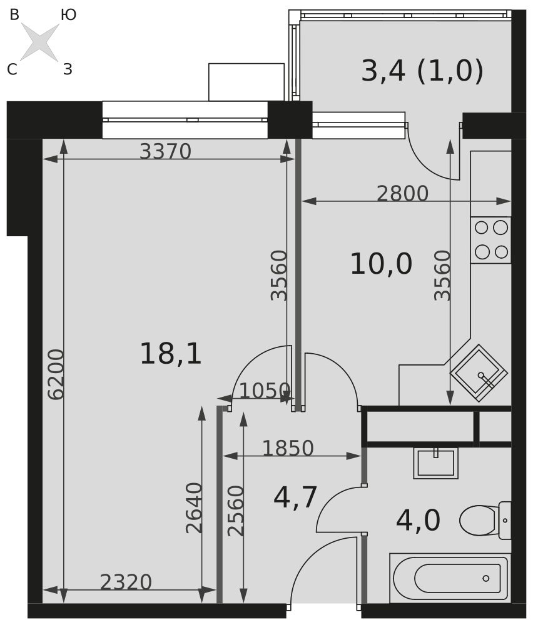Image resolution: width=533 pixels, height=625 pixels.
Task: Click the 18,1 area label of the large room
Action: click(170, 354)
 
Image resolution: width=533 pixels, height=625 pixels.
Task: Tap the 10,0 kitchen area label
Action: click(380, 264)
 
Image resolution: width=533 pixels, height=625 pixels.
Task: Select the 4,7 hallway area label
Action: click(295, 497)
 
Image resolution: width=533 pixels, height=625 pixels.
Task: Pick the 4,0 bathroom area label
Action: click(418, 520)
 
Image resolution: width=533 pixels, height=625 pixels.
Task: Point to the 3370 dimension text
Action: click(165, 151)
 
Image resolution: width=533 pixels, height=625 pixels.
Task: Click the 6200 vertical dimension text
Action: click(56, 374)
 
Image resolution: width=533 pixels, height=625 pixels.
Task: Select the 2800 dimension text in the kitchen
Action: click(402, 194)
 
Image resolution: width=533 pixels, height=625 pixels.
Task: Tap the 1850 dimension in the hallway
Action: click(287, 448)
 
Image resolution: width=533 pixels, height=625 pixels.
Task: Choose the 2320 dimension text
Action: click(126, 582)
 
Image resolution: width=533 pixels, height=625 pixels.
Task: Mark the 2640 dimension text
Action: click(195, 507)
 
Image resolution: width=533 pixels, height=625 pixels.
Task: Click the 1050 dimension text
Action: click(264, 391)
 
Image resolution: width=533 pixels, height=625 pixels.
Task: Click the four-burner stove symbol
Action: click(490, 240)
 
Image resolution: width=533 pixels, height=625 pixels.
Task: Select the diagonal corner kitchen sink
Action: click(479, 373)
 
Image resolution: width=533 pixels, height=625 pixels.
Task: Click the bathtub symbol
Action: click(450, 577)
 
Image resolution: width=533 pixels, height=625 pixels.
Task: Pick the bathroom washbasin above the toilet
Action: click(435, 462)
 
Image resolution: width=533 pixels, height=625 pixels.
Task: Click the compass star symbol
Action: click(40, 42)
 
